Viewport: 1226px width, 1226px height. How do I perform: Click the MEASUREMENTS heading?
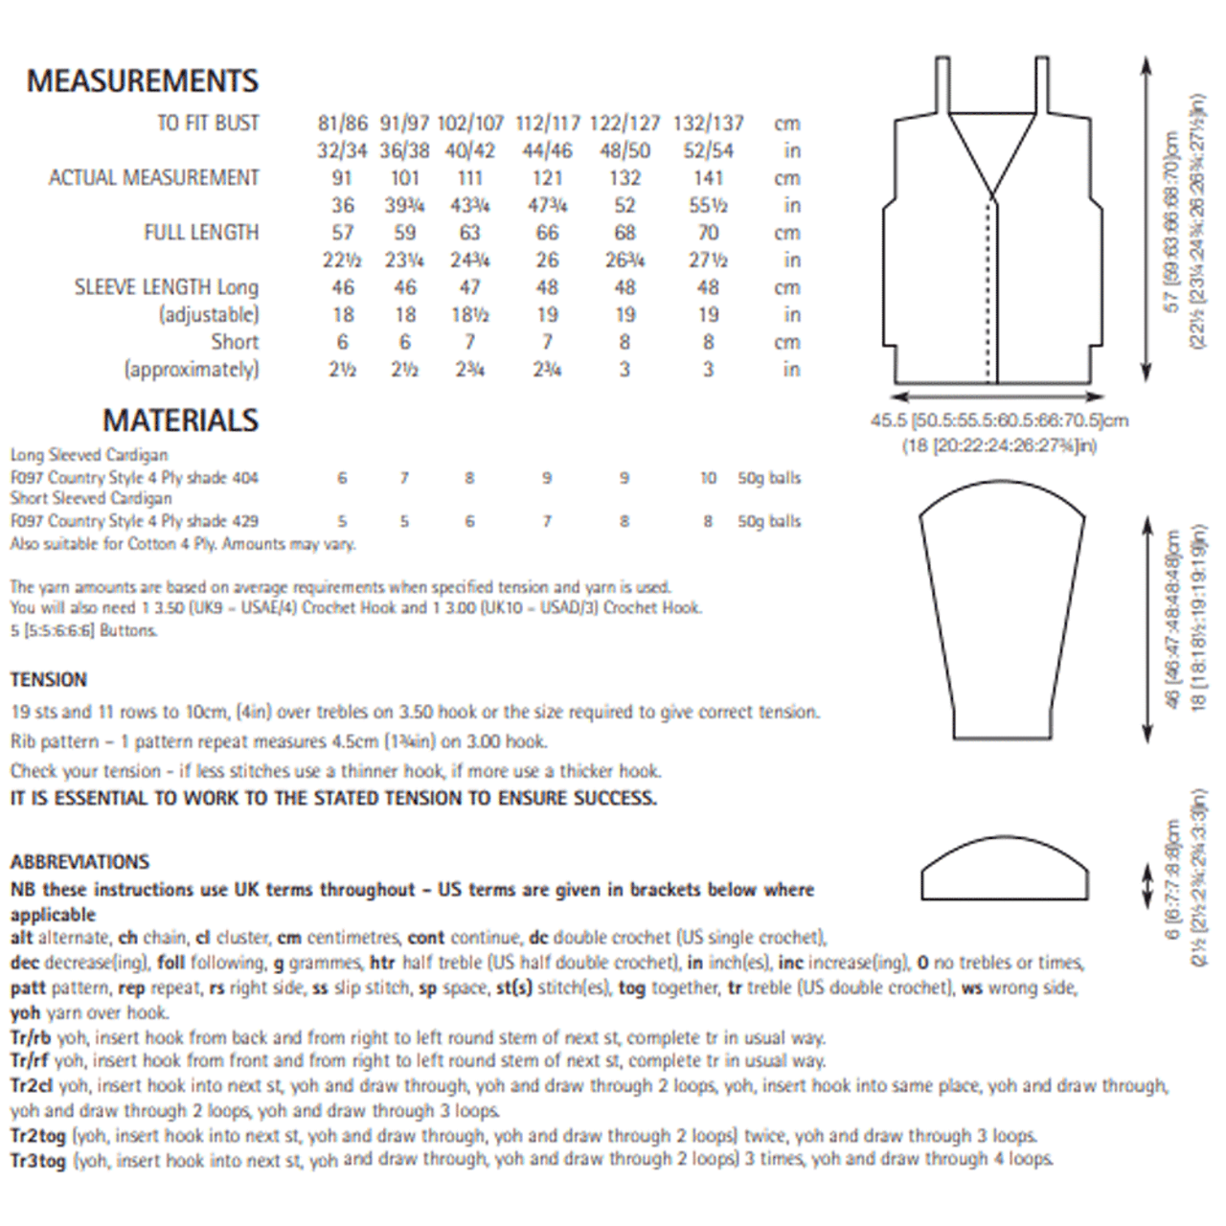click(x=143, y=81)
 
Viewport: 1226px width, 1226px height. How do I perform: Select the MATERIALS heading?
click(x=180, y=420)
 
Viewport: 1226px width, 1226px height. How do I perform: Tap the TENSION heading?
click(x=49, y=680)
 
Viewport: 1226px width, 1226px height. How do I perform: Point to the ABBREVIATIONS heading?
click(x=80, y=862)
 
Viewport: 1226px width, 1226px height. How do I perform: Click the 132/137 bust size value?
click(x=708, y=124)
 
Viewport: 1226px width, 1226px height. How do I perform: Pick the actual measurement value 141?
click(x=708, y=178)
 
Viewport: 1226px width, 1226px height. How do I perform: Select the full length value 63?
click(x=469, y=233)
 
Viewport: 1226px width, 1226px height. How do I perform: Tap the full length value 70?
click(x=708, y=233)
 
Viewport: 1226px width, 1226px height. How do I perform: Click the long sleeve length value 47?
click(x=469, y=287)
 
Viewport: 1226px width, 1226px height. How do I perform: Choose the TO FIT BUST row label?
click(x=208, y=124)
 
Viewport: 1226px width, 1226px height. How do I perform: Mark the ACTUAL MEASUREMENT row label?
click(x=154, y=178)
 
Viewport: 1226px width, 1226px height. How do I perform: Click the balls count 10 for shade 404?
click(x=708, y=478)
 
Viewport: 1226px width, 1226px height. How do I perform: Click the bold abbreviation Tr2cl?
click(x=31, y=1086)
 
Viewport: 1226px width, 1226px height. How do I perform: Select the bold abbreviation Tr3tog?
click(x=38, y=1161)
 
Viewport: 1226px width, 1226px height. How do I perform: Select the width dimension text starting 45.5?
click(x=999, y=420)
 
